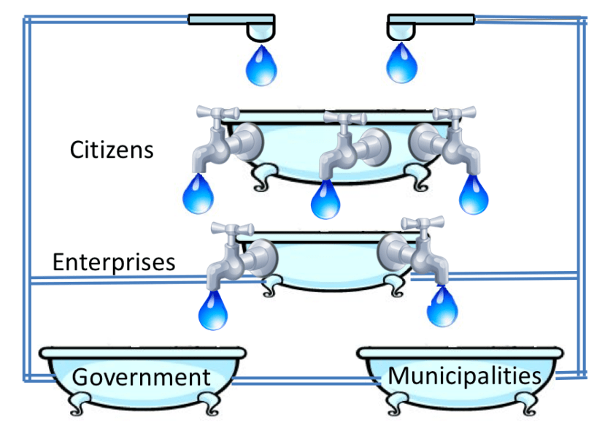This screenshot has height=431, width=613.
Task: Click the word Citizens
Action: tap(112, 150)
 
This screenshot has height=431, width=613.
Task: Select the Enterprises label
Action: tap(114, 262)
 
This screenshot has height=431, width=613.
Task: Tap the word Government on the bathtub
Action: tap(141, 377)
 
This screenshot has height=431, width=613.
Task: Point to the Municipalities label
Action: tap(464, 375)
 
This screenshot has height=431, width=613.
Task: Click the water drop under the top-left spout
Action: tap(261, 64)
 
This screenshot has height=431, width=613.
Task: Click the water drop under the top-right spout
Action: tap(401, 62)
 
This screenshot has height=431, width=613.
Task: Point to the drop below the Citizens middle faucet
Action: tap(325, 199)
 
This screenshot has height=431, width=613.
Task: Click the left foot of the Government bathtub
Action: tap(75, 401)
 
